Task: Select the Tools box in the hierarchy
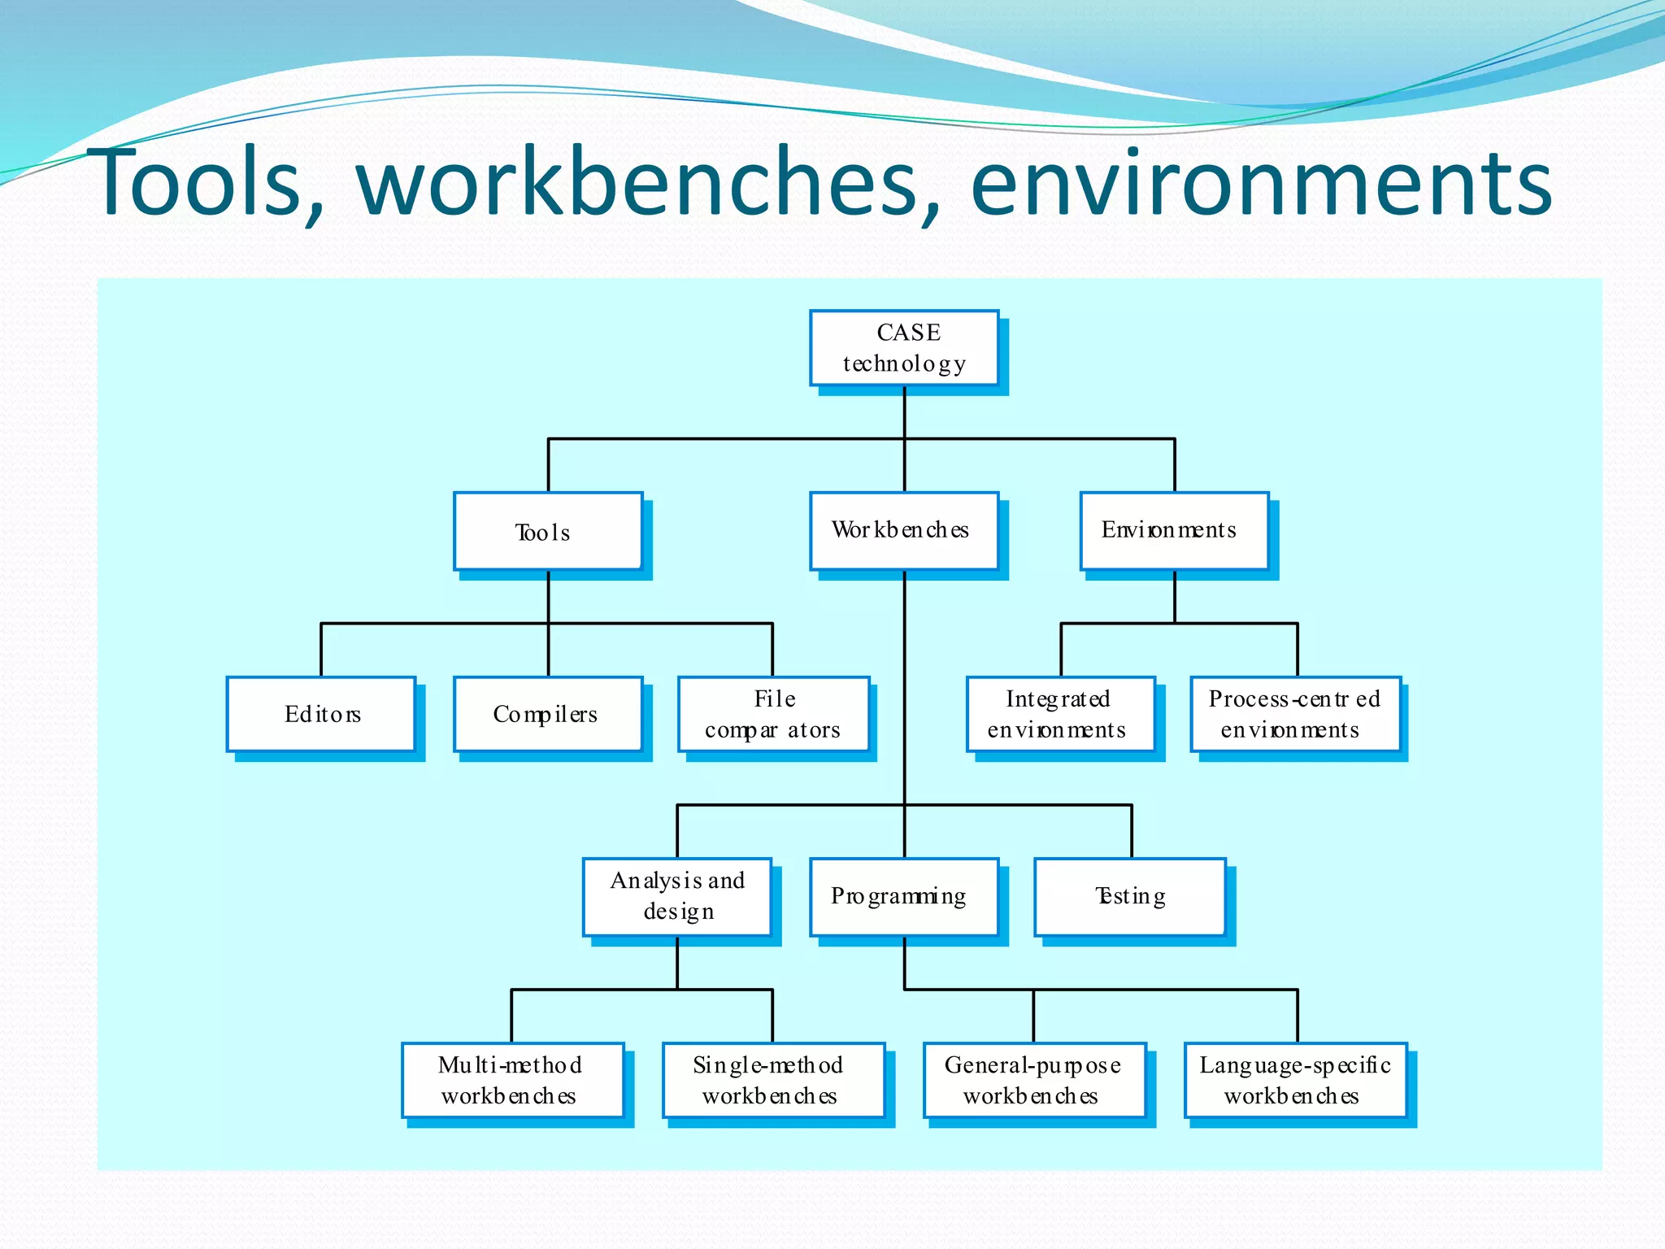548,531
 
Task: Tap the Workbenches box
904,531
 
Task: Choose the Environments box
1174,531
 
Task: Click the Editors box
321,714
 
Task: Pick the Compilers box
548,714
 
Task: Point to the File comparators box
773,714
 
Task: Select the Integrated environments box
1060,714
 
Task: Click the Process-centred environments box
1295,714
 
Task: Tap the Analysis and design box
677,896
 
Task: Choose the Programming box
904,896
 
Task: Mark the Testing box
1130,896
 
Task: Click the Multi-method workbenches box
513,1080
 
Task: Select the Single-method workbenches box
773,1080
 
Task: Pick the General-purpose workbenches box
1034,1080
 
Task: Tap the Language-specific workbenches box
1295,1080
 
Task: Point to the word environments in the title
1261,184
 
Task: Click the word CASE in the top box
908,333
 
